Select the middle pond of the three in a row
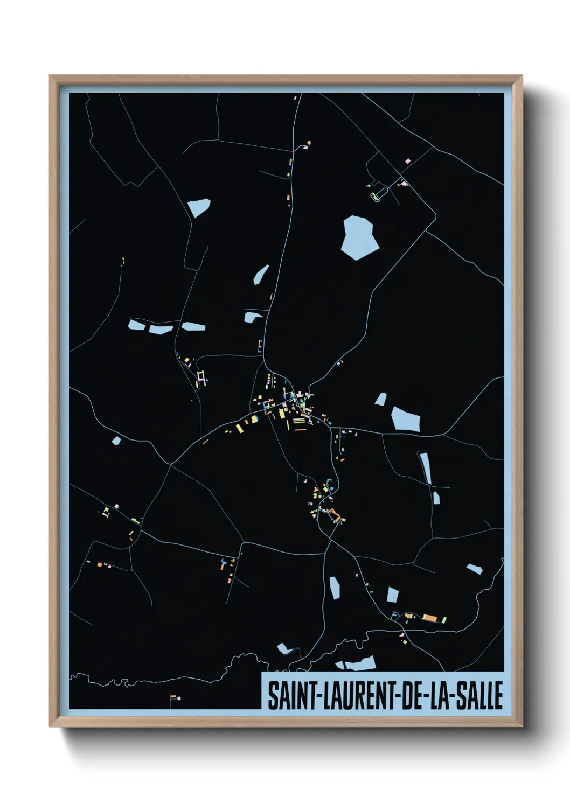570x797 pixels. (x=161, y=328)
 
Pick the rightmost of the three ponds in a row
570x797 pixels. (x=193, y=326)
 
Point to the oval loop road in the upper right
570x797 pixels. (x=379, y=193)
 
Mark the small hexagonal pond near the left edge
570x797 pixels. (x=116, y=441)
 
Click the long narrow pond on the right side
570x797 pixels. (x=426, y=467)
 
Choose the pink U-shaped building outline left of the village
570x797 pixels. (x=201, y=375)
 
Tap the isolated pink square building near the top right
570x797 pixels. (x=408, y=160)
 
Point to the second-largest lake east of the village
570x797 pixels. (x=405, y=418)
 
